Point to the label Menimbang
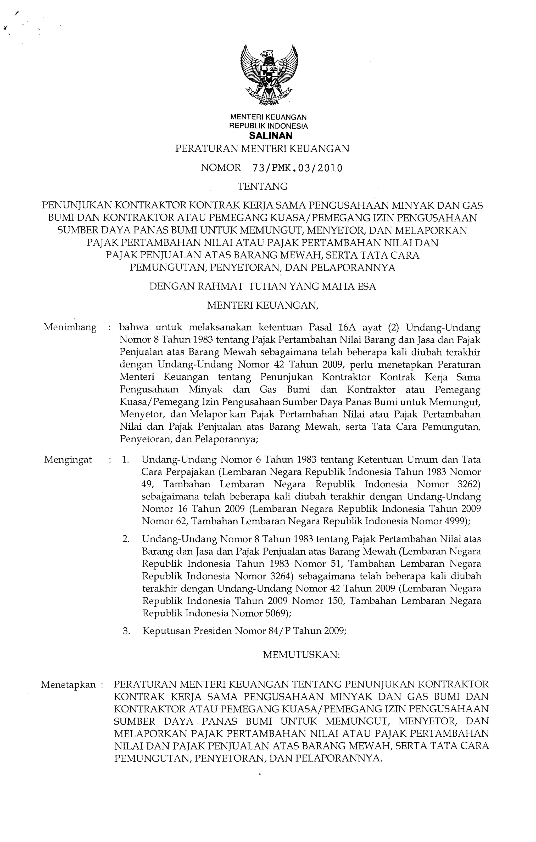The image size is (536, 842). coord(70,328)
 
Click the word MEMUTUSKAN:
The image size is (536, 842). coord(301,655)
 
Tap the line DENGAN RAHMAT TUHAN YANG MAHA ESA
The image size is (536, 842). coord(263,287)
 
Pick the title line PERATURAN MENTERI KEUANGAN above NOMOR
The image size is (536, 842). coord(262,149)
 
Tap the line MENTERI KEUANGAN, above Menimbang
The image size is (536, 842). coord(263,306)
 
